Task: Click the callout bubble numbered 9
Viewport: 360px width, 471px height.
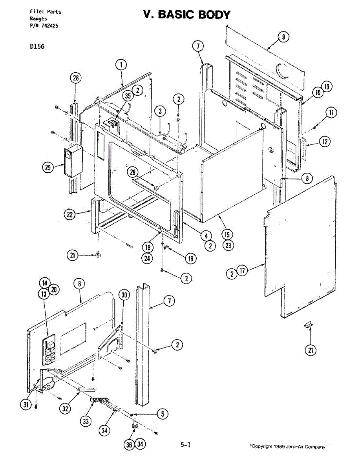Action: click(x=283, y=37)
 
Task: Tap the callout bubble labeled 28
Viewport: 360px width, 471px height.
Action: click(x=75, y=78)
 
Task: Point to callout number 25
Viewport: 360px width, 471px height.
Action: click(x=48, y=168)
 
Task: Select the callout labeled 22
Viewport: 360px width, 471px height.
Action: click(x=69, y=214)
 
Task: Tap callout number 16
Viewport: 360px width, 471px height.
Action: click(x=191, y=259)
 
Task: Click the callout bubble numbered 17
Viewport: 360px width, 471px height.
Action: click(x=243, y=271)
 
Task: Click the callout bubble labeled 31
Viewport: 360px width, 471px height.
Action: click(x=26, y=405)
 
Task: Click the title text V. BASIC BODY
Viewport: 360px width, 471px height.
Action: click(x=186, y=15)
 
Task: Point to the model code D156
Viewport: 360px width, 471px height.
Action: click(x=37, y=46)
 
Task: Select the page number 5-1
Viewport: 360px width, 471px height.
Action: click(x=185, y=445)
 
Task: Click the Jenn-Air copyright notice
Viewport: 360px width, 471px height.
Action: click(x=287, y=447)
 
